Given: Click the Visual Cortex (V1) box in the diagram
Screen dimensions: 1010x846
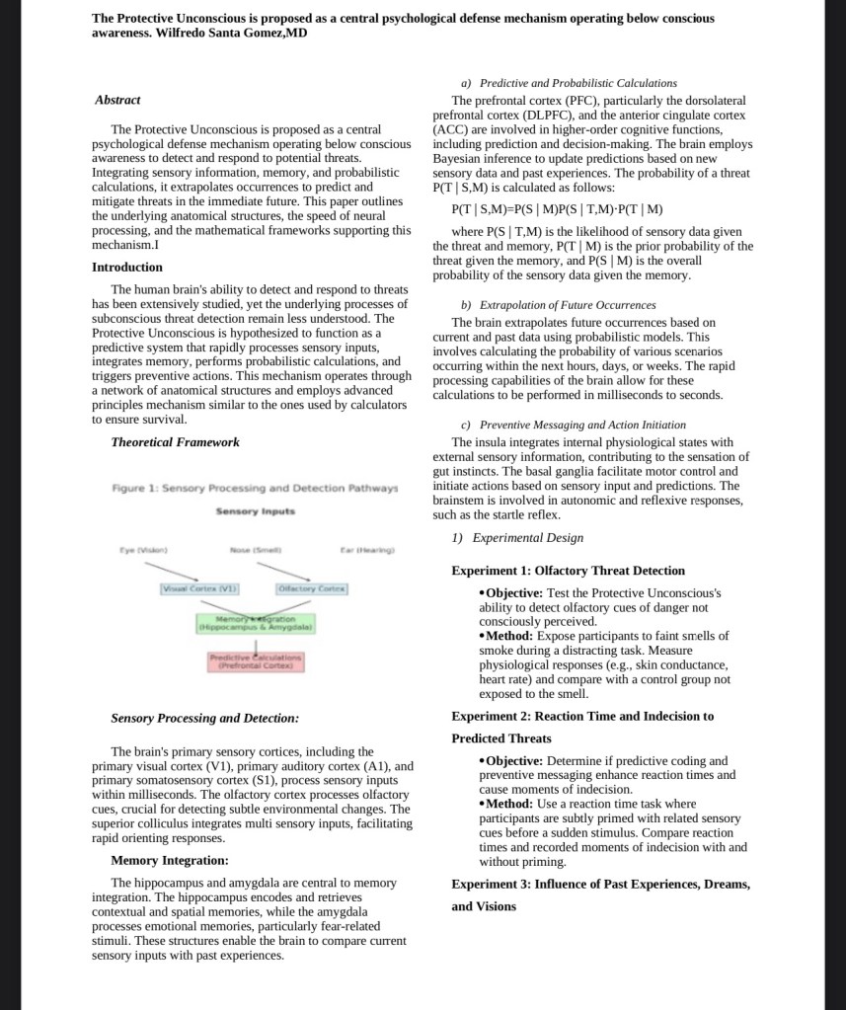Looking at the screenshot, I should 197,589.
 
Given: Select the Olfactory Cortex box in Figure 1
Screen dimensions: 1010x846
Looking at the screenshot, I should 311,589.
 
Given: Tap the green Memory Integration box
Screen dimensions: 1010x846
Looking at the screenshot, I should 256,623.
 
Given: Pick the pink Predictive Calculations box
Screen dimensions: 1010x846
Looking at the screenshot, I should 256,660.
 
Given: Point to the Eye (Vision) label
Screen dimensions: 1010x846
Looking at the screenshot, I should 144,549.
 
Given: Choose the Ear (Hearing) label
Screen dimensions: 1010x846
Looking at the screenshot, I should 368,549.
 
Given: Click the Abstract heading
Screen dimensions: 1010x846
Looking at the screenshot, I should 117,100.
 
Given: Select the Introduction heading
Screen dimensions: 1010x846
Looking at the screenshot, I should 127,267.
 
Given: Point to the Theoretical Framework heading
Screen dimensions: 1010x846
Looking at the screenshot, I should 175,442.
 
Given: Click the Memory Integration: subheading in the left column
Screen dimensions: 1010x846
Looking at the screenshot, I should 170,861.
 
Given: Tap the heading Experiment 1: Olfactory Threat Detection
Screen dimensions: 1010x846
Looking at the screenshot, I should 568,571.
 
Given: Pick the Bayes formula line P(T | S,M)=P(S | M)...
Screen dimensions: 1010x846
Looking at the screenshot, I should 557,209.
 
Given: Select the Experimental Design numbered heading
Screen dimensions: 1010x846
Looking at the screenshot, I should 517,538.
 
